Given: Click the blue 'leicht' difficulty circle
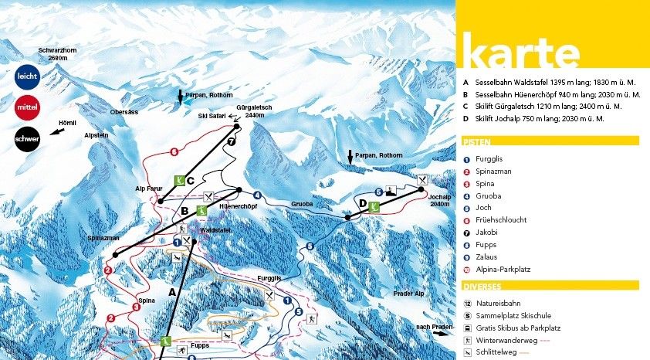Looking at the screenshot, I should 27,75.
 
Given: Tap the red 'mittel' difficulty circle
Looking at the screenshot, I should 27,107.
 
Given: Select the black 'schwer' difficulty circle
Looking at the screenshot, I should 27,138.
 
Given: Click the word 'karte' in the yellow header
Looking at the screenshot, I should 520,55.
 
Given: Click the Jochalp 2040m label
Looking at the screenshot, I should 438,201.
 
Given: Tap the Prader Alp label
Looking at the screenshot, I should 409,294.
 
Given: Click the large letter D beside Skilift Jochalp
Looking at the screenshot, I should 362,203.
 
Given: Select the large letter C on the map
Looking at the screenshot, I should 189,180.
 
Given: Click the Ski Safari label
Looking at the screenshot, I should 212,116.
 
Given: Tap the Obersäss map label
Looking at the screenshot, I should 124,112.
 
